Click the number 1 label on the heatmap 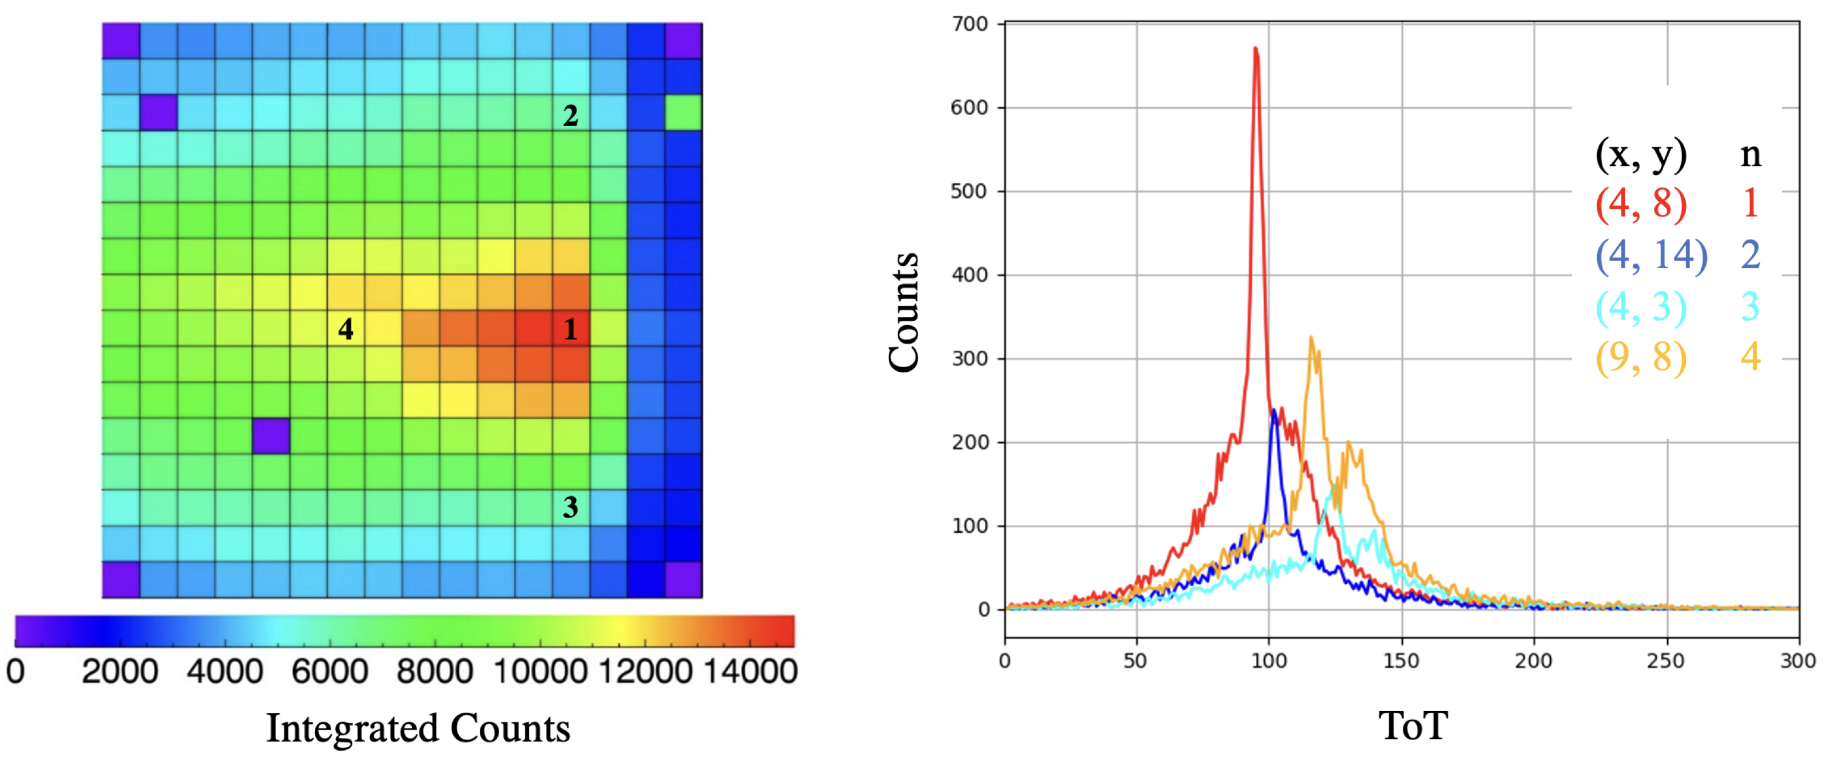tap(570, 329)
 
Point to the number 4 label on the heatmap tap(345, 329)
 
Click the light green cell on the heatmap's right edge tap(683, 113)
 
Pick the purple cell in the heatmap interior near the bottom tap(271, 436)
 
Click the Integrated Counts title tap(418, 728)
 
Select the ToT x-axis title tap(1413, 726)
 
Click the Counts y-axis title tap(904, 312)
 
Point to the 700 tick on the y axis tap(970, 24)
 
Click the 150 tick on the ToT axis tap(1401, 661)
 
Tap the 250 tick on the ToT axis tap(1665, 661)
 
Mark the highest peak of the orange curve tap(1311, 338)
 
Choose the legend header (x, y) tap(1640, 154)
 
